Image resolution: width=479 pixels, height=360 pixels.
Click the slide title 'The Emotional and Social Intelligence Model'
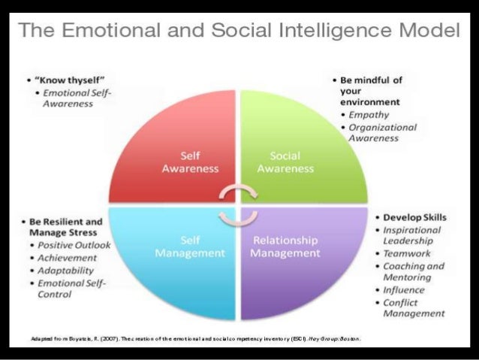(x=239, y=32)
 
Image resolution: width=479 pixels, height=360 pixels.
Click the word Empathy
(x=366, y=115)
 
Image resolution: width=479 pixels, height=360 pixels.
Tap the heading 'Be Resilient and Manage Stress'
(x=62, y=228)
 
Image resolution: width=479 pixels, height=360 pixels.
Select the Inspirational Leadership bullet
(x=413, y=235)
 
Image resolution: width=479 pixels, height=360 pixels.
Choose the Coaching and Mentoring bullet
(x=415, y=272)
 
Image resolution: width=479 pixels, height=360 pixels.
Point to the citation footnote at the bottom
(x=191, y=338)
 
